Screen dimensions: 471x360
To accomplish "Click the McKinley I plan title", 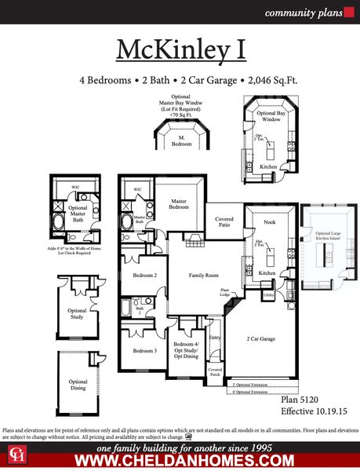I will [180, 49].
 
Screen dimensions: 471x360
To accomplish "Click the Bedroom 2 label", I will [144, 276].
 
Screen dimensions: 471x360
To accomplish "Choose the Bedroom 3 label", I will [144, 350].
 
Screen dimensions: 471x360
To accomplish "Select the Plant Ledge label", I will [225, 293].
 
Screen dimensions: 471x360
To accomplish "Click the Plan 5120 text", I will [301, 400].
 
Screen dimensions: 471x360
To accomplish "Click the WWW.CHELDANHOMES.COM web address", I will [180, 461].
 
